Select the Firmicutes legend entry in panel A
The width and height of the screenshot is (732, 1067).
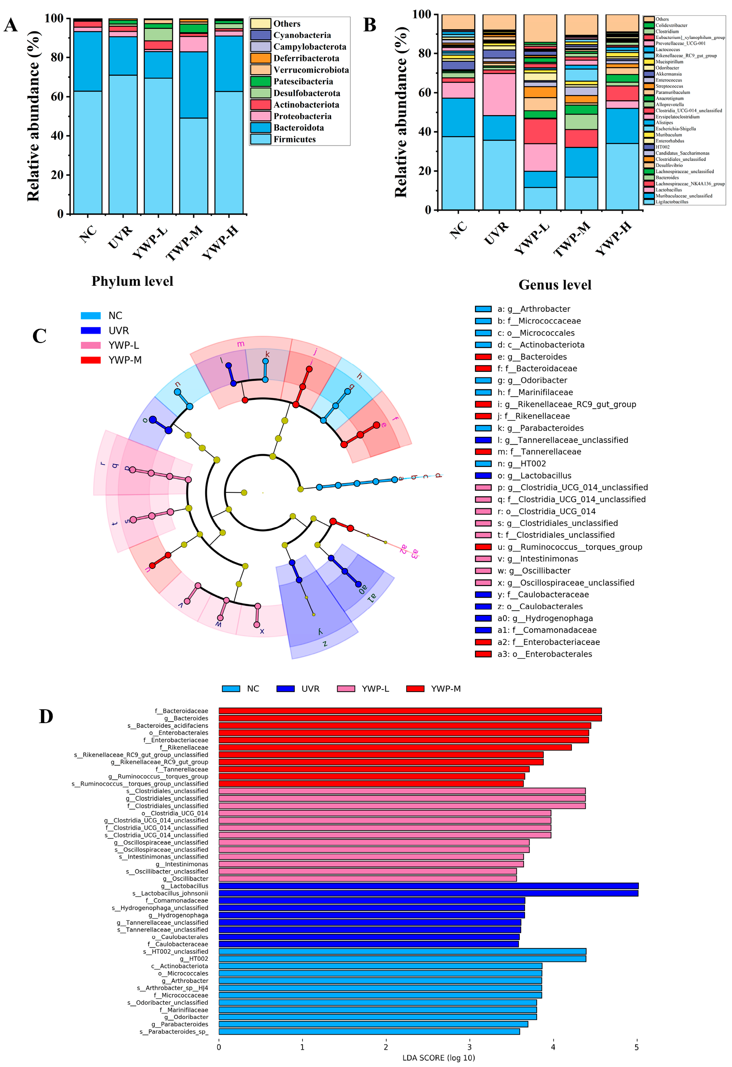[294, 139]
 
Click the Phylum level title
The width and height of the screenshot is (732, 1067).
[132, 281]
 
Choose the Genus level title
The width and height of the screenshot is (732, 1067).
[555, 285]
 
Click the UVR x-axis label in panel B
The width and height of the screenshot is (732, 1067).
[496, 233]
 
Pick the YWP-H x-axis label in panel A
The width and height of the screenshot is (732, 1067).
[220, 242]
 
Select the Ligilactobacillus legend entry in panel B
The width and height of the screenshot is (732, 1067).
[672, 202]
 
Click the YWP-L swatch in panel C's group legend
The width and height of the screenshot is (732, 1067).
[90, 345]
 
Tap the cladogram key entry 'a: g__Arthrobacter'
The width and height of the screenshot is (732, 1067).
[534, 309]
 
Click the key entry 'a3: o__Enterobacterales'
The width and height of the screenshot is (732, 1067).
[545, 654]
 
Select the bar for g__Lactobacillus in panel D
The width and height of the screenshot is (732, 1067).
[428, 886]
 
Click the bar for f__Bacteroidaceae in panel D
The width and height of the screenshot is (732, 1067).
[410, 711]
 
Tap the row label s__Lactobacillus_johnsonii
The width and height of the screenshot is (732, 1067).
[170, 893]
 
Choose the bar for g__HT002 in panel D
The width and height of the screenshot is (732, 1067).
[402, 959]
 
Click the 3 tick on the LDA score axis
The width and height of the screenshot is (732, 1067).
[469, 1047]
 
